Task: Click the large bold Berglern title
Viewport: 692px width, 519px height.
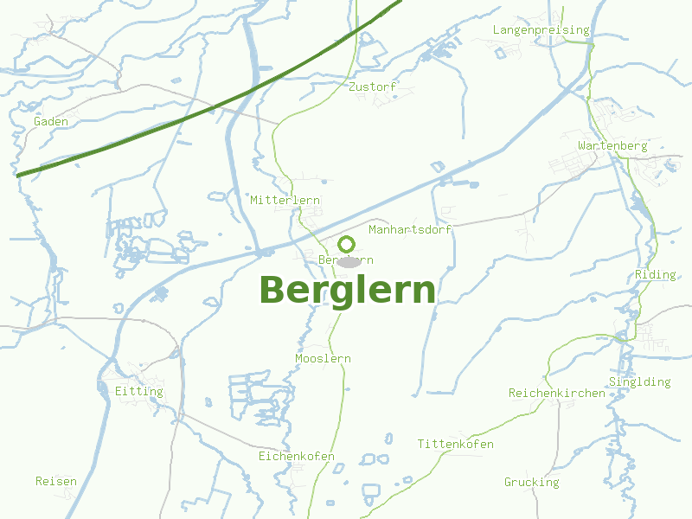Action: click(347, 291)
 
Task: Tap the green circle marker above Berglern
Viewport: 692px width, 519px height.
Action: click(347, 244)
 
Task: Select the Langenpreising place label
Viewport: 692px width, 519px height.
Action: click(541, 30)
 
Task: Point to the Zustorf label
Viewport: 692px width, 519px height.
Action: click(372, 87)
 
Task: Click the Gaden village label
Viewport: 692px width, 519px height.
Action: click(51, 122)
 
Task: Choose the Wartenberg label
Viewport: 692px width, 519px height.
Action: click(612, 146)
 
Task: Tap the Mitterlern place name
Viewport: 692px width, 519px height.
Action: click(285, 201)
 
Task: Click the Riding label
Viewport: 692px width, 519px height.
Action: click(656, 275)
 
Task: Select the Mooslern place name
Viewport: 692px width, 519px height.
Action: click(323, 359)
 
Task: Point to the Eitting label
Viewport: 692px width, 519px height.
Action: click(138, 392)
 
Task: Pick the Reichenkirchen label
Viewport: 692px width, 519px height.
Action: click(557, 394)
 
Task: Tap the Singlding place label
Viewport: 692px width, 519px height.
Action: click(640, 382)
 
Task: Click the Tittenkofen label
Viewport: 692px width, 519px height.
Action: click(456, 445)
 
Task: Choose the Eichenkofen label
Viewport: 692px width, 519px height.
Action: click(297, 457)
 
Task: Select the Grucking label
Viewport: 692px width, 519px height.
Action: click(532, 483)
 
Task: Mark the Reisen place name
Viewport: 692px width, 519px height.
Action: click(56, 482)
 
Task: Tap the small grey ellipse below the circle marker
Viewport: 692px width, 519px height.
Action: click(348, 261)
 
